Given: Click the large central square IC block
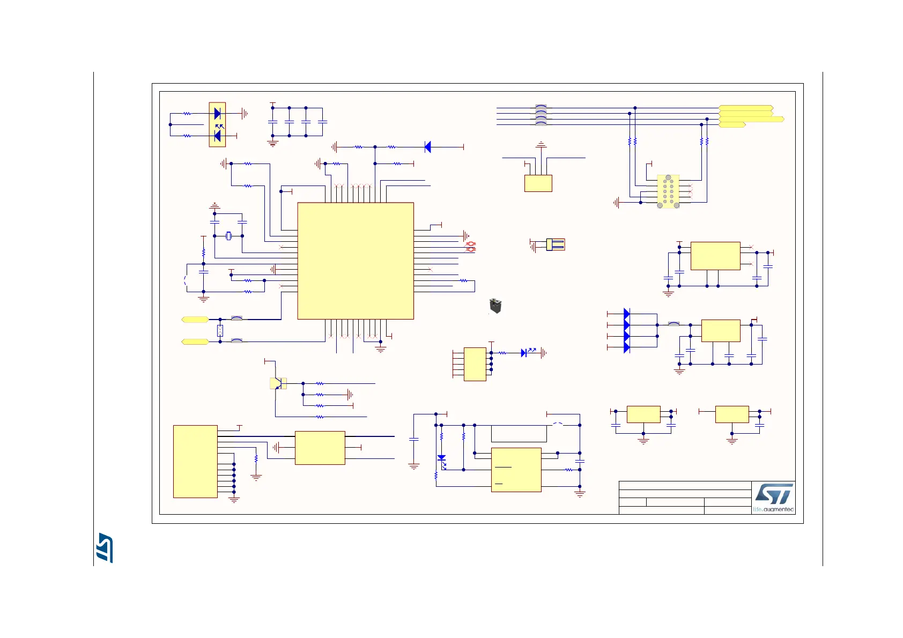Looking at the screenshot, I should [356, 261].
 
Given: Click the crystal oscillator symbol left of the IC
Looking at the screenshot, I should [228, 236].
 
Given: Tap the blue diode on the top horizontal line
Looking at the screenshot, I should [427, 147].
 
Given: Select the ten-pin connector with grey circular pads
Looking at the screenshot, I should [668, 191].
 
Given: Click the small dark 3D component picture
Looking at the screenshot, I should [495, 306].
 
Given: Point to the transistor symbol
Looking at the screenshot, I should [277, 383].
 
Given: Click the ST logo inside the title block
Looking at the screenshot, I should [773, 494].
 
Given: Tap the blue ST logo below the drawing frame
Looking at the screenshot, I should [105, 547].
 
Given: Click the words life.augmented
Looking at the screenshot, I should [773, 509].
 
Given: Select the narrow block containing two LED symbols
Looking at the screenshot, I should [217, 124].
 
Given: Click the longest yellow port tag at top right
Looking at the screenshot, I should [751, 119].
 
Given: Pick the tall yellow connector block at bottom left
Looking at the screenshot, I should [195, 462].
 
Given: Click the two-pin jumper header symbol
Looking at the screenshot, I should [556, 244].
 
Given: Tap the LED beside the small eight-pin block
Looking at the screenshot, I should [524, 353].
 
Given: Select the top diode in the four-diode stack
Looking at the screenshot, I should [626, 314].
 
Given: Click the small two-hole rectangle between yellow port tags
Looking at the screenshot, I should [220, 330].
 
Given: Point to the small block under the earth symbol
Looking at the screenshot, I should [538, 183].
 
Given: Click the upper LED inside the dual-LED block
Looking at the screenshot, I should [217, 114].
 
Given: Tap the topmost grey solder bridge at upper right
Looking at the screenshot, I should [541, 107].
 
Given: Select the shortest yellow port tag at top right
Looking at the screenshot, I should [731, 125].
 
